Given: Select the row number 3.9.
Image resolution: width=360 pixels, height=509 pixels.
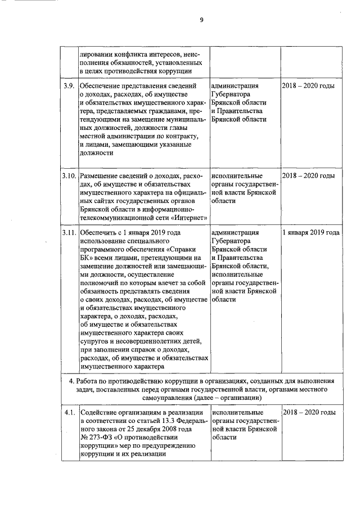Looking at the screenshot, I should pyautogui.click(x=69, y=86).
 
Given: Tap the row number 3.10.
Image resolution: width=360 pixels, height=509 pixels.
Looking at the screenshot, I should pyautogui.click(x=69, y=176).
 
